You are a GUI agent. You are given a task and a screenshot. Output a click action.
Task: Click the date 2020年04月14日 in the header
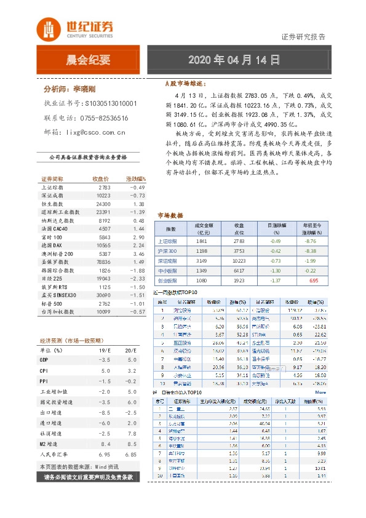point(234,60)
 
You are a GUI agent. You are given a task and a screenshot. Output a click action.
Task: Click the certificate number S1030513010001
point(111,104)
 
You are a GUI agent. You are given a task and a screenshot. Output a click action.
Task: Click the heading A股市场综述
point(186,82)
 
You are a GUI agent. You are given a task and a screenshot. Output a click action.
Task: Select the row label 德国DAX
point(52,245)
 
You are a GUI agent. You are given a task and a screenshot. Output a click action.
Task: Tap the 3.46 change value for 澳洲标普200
point(138,253)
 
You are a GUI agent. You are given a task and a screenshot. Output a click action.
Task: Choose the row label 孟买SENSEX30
point(58,296)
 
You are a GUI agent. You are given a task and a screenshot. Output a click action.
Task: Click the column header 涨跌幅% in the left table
point(135,178)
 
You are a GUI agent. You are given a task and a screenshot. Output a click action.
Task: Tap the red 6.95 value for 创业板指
point(314,280)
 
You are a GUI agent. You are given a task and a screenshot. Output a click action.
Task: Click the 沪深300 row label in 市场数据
point(168,251)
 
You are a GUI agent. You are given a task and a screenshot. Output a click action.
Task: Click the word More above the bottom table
point(320,391)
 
